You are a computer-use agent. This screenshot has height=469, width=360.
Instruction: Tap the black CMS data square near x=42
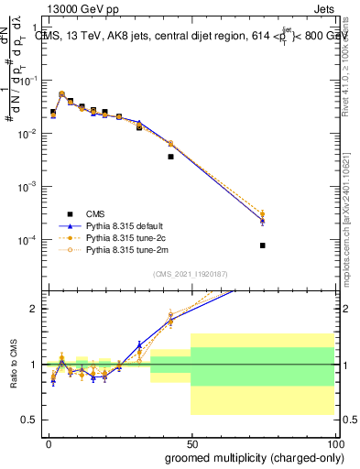tap(170, 157)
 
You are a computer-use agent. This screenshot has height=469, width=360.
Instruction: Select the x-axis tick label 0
tap(49, 443)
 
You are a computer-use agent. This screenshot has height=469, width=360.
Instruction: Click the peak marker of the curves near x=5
tap(61, 93)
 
